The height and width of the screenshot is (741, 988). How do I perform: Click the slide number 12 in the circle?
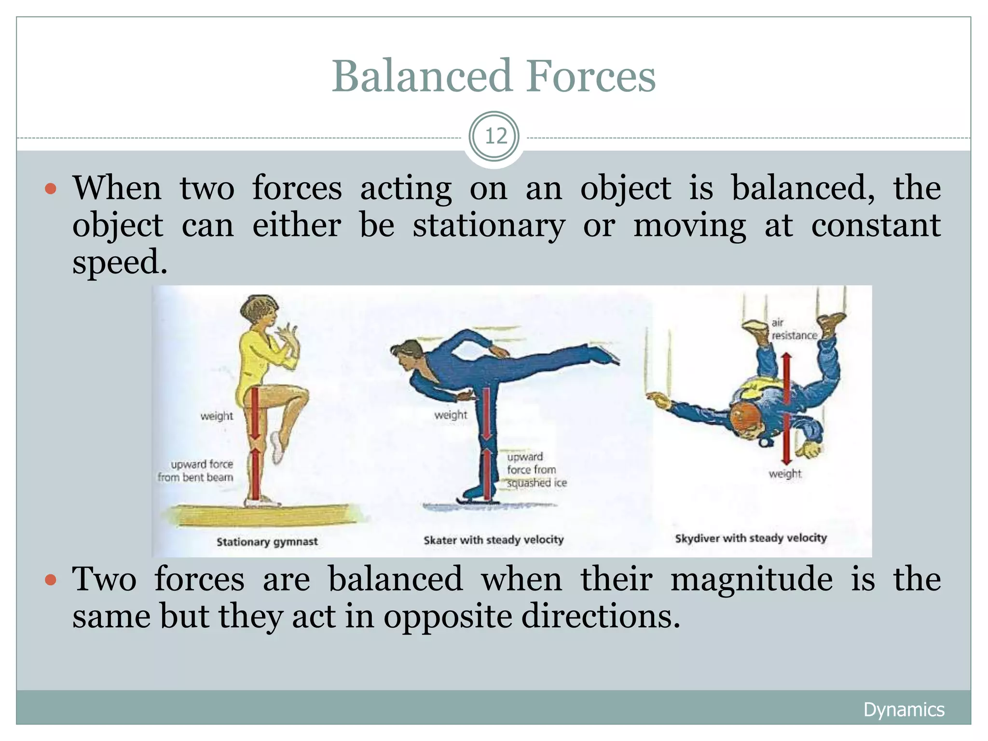click(494, 137)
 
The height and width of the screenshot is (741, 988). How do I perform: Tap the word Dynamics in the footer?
click(904, 710)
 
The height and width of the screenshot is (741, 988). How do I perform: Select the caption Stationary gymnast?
click(267, 542)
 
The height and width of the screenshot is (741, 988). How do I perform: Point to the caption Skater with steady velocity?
click(494, 540)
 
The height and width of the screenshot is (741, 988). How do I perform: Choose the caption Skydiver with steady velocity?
click(751, 538)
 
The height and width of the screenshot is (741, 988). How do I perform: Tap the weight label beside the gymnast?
click(217, 416)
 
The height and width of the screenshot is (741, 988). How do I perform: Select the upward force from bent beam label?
click(196, 471)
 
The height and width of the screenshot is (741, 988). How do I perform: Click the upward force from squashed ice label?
click(535, 470)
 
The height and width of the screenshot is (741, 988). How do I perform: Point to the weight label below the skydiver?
click(785, 474)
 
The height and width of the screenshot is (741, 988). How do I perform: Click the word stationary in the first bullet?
click(488, 226)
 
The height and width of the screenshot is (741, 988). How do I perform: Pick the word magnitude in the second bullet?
click(751, 579)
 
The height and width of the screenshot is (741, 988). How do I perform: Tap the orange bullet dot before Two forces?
click(51, 579)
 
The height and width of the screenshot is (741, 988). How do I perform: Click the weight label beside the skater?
click(451, 415)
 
